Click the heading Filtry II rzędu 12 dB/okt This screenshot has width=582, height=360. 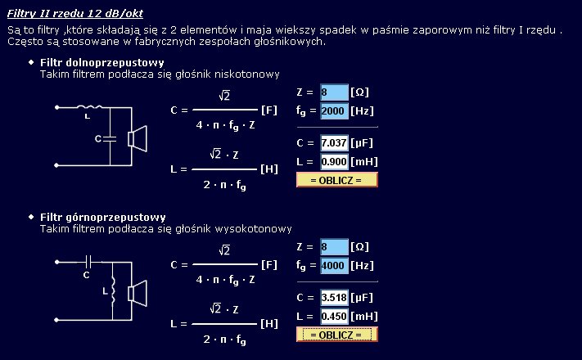click(x=75, y=14)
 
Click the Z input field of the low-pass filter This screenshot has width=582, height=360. click(x=334, y=92)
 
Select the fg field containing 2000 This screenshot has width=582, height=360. click(x=334, y=110)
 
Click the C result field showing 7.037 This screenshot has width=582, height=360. click(x=334, y=143)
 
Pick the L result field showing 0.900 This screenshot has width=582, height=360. click(x=334, y=162)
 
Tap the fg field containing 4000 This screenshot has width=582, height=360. click(x=334, y=265)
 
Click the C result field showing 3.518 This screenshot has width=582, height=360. click(x=334, y=298)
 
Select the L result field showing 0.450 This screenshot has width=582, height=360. click(x=334, y=317)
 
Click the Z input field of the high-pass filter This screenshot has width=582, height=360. click(x=334, y=247)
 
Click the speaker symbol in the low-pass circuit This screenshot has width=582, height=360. click(x=138, y=139)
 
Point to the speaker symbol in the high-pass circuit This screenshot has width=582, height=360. click(x=138, y=294)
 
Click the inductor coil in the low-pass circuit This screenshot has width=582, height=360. click(x=89, y=107)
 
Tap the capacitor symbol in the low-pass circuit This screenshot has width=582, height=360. click(x=110, y=139)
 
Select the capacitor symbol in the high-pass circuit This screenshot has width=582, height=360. click(x=88, y=262)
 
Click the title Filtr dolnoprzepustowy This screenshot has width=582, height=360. click(x=102, y=62)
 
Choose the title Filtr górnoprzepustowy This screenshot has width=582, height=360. click(x=103, y=217)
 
